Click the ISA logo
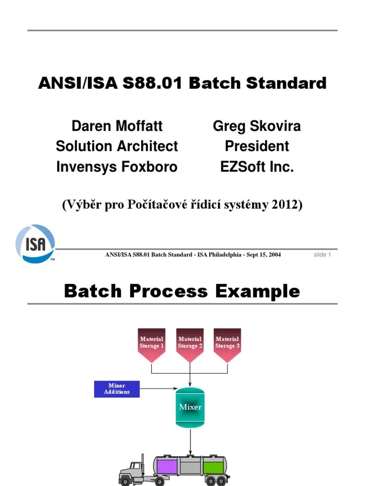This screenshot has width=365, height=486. coord(35,243)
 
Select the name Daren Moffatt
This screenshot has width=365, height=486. coord(117,126)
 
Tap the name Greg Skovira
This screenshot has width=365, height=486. coord(257,126)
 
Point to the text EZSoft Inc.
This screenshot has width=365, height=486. coord(257,167)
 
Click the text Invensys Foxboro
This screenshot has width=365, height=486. coord(117,167)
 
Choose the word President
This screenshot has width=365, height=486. coord(257,146)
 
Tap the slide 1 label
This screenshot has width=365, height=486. coord(322,255)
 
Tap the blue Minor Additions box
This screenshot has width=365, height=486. coord(117,389)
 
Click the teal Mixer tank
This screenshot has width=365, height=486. coord(190,407)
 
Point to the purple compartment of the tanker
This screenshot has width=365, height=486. coord(167,467)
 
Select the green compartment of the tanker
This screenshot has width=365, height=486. coord(213,467)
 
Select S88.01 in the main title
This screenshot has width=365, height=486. coord(155,83)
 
